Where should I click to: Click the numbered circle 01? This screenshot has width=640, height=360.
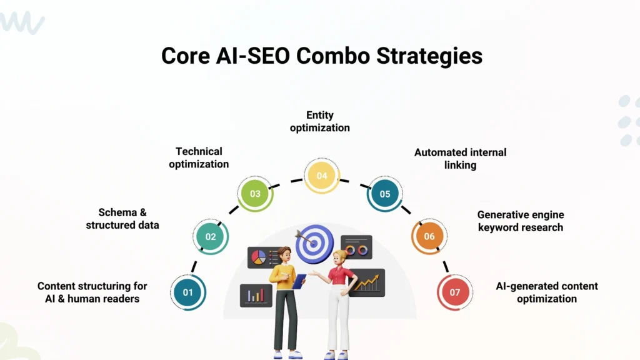(188, 292)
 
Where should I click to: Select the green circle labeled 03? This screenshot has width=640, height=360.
(255, 194)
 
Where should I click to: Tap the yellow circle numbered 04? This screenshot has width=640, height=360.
(321, 176)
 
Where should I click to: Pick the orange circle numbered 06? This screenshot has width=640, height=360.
(429, 236)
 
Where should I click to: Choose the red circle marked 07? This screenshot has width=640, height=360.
(454, 292)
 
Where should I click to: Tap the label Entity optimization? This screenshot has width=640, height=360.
(319, 121)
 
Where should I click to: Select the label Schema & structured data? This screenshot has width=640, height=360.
(122, 219)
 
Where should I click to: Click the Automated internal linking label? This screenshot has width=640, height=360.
(460, 158)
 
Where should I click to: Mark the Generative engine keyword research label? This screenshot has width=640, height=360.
(521, 221)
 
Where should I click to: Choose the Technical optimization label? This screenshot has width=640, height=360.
(199, 157)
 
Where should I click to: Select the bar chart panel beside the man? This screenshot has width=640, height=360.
(256, 295)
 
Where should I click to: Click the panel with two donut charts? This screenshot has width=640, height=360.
(357, 248)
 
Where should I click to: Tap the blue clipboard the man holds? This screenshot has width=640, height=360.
(299, 281)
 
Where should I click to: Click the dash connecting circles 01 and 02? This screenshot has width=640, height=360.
(194, 266)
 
